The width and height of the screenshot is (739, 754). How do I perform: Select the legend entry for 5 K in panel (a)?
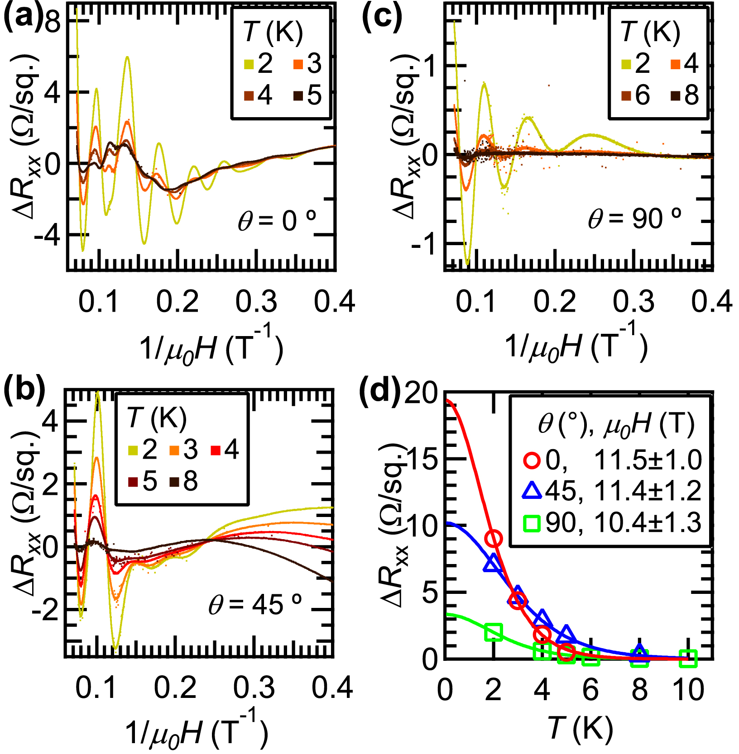(x=307, y=95)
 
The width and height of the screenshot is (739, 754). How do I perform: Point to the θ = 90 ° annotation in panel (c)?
(x=634, y=218)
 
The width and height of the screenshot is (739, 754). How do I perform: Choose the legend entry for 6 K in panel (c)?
(x=636, y=95)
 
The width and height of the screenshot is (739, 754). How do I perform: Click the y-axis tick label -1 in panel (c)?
(x=423, y=245)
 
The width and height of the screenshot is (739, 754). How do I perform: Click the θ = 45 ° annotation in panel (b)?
(x=255, y=604)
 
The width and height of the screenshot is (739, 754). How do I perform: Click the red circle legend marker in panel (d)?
(x=532, y=460)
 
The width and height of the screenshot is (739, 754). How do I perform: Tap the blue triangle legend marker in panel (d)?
(x=532, y=491)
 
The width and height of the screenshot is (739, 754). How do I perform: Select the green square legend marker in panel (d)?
(x=532, y=523)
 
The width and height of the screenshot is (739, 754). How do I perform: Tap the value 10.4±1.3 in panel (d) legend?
(x=648, y=523)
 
